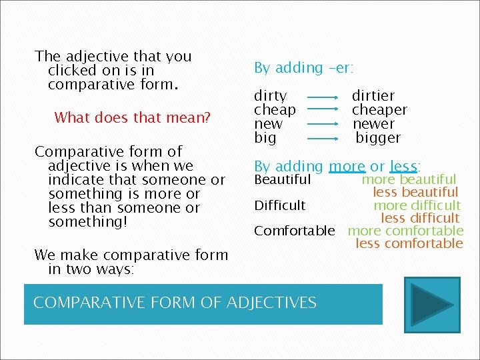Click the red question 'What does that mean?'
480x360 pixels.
click(132, 118)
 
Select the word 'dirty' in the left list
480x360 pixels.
click(271, 96)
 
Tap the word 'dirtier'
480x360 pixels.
click(373, 96)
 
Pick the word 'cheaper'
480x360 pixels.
click(379, 110)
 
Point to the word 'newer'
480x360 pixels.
click(373, 124)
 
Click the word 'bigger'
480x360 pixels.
click(378, 138)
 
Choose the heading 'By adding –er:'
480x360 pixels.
click(304, 68)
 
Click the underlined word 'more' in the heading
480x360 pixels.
click(347, 166)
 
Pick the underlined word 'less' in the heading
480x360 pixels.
click(403, 166)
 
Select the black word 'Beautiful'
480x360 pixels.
click(283, 179)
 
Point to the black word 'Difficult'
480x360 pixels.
click(280, 205)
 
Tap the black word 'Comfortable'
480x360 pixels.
click(295, 231)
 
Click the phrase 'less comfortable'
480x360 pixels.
click(409, 243)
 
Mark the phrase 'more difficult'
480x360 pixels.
click(417, 205)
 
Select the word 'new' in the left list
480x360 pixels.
click(268, 124)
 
